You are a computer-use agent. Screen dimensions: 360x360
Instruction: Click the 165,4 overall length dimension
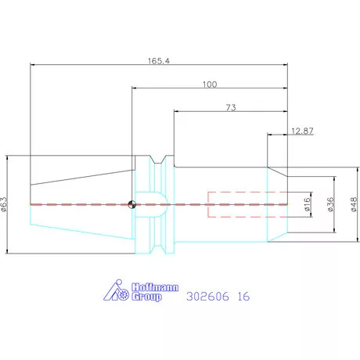(159, 61)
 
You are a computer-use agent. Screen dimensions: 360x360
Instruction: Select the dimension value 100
(210, 85)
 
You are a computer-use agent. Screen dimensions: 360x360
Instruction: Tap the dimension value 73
(231, 107)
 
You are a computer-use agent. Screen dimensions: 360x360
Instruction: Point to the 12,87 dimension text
(302, 131)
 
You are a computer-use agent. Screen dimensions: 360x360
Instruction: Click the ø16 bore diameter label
(308, 204)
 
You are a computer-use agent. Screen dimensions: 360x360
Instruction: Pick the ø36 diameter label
(330, 204)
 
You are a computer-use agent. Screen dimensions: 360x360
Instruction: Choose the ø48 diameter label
(354, 204)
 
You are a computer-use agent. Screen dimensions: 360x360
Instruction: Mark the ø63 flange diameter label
(4, 204)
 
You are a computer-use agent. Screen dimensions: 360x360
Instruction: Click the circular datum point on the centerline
(132, 204)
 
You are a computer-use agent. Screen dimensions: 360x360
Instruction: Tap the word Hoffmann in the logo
(155, 287)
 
